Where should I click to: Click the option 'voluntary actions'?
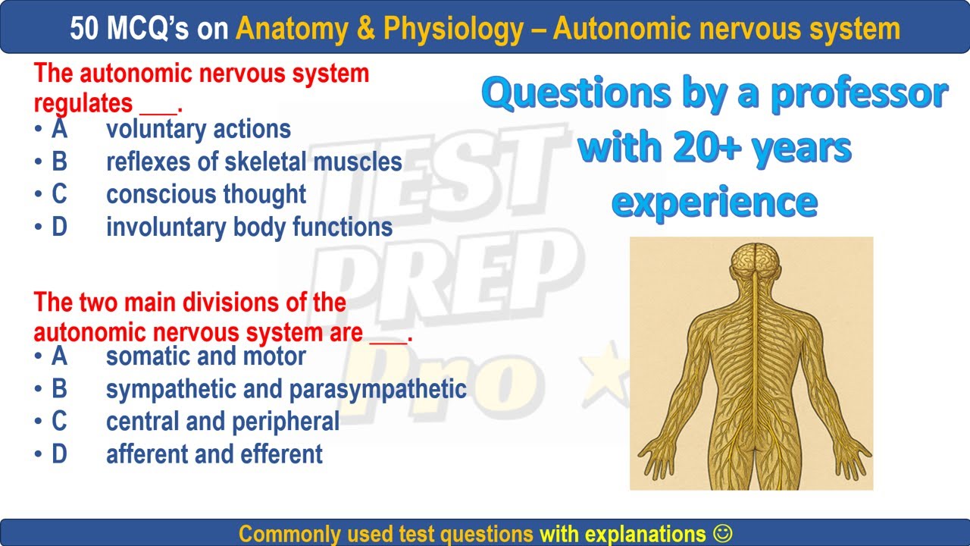[x=199, y=130]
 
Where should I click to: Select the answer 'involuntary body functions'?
[x=249, y=227]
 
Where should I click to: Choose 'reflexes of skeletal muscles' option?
[x=254, y=162]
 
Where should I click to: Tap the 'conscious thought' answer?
[x=206, y=194]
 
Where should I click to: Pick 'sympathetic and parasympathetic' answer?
[x=286, y=389]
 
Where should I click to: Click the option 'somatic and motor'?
[x=206, y=356]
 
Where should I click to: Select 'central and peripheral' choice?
[x=223, y=422]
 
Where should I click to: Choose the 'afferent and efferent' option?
[x=214, y=454]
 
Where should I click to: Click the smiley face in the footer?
[x=723, y=533]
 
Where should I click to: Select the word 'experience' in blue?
[x=714, y=202]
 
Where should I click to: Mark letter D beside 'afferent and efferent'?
[x=59, y=454]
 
